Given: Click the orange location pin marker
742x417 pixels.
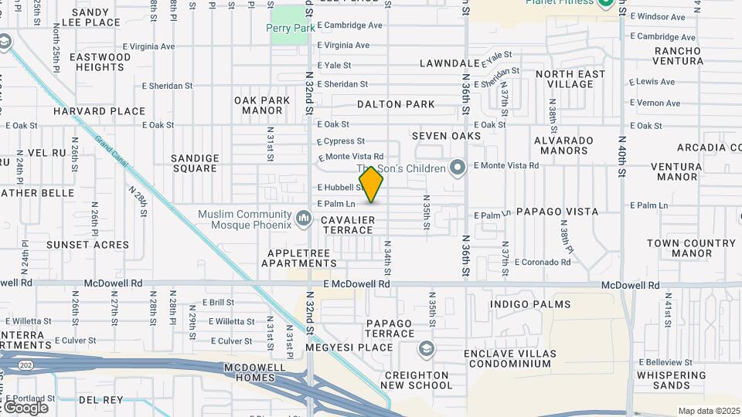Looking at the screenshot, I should click(372, 185).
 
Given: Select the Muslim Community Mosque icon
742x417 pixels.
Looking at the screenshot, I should click(305, 215).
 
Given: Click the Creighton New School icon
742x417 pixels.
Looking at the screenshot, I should click(424, 350).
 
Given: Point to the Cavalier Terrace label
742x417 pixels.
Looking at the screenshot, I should click(348, 225).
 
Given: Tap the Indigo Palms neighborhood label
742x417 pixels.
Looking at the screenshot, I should click(530, 305).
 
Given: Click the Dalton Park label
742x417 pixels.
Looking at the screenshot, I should click(396, 104).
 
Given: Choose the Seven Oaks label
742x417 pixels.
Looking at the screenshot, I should click(447, 136).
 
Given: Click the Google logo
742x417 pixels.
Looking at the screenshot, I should click(26, 407).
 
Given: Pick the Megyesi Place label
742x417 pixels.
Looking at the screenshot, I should click(338, 347).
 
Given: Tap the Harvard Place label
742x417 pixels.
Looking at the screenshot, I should click(100, 111).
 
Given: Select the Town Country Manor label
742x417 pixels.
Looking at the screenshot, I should click(680, 248).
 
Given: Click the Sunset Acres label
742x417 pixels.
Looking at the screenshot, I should click(87, 245).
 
